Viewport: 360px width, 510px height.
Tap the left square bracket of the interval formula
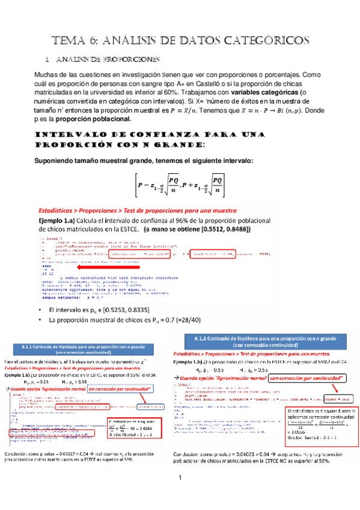pos(126,185)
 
